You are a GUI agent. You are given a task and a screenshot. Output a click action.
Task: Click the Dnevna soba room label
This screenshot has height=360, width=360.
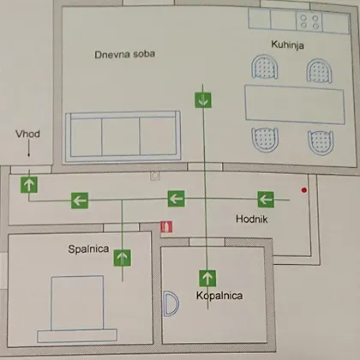tap(125, 54)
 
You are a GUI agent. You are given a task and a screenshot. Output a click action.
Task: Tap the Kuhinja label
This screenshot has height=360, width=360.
tap(287, 45)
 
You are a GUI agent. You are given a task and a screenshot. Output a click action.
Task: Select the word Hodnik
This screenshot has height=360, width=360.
tap(252, 219)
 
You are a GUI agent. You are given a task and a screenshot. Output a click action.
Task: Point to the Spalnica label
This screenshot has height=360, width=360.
tap(88, 249)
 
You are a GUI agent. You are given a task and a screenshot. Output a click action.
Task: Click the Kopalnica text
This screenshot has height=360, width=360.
tap(219, 296)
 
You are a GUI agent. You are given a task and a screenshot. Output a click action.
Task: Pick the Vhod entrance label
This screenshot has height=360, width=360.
tap(27, 134)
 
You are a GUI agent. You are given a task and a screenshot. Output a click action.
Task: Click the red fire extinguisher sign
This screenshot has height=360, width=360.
tap(166, 227)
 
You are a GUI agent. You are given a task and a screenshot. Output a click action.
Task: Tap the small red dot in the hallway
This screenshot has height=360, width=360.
tap(304, 190)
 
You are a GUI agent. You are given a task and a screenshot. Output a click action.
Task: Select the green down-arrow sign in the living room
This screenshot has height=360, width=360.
tap(203, 100)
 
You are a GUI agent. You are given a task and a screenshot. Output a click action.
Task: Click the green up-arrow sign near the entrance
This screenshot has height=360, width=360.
tap(29, 184)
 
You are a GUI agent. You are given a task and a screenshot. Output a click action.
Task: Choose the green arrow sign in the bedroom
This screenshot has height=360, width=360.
tap(123, 258)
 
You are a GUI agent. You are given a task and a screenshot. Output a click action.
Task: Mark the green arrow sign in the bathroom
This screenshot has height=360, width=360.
tap(207, 278)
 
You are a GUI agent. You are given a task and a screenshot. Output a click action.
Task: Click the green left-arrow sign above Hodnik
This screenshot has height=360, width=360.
tap(266, 199)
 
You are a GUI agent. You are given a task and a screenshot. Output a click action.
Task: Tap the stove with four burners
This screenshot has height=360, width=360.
tap(309, 21)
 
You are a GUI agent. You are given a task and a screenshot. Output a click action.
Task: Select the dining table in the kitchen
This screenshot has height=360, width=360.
tap(295, 105)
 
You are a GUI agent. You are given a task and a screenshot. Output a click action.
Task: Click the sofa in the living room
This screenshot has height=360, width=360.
tap(123, 136)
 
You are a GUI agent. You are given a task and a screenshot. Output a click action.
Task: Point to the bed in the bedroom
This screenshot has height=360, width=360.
tap(77, 309)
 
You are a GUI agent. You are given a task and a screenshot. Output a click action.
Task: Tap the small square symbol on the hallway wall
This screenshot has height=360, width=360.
tap(155, 176)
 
